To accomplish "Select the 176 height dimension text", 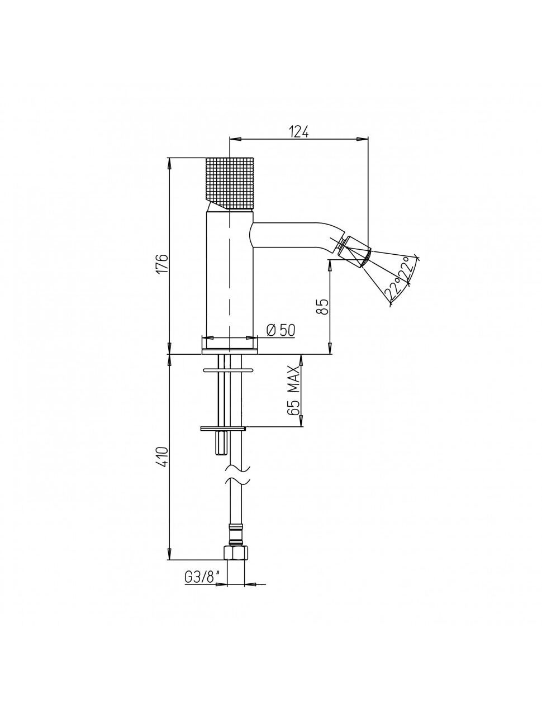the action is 164,264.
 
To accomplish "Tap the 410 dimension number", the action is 164,456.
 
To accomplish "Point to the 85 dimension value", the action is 324,306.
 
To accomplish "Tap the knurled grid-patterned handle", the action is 231,183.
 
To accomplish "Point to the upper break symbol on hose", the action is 237,468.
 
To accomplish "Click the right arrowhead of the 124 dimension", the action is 363,139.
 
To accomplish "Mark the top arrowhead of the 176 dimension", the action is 169,163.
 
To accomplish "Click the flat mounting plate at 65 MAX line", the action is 223,429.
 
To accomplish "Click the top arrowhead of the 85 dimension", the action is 330,266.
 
